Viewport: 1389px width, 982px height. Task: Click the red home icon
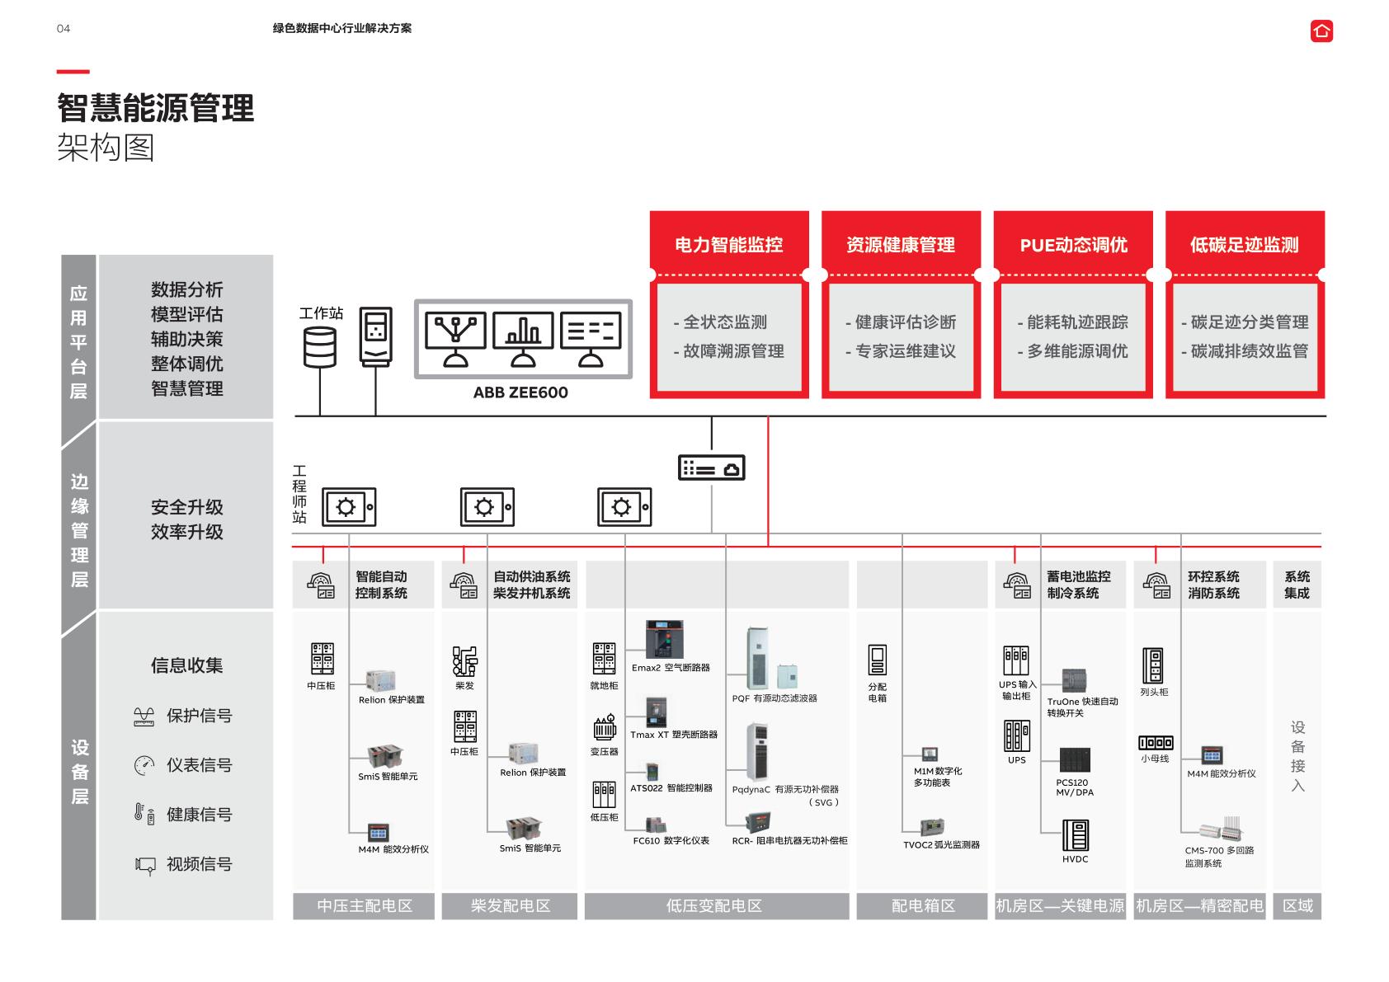click(x=1321, y=31)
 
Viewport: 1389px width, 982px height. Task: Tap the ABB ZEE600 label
click(x=520, y=392)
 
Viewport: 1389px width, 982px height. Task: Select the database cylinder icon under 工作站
click(x=320, y=346)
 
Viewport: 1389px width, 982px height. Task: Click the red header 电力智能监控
click(x=728, y=245)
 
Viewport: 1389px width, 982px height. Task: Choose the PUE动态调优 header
click(x=1073, y=245)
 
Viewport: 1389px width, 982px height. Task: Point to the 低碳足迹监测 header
click(x=1244, y=245)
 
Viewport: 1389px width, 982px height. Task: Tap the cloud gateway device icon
click(x=711, y=468)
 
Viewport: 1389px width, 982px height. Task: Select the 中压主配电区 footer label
click(x=364, y=905)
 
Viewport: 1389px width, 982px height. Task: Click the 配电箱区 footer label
click(x=922, y=905)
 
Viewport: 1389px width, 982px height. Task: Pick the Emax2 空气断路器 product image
click(x=664, y=639)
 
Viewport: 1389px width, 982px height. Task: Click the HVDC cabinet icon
click(x=1075, y=834)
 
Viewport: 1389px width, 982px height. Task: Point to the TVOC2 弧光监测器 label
click(x=941, y=844)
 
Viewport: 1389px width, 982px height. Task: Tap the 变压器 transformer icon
click(x=605, y=728)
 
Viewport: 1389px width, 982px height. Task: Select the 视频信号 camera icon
click(x=145, y=864)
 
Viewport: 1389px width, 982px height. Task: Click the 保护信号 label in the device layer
click(x=199, y=716)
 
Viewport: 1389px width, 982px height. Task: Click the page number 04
click(x=64, y=29)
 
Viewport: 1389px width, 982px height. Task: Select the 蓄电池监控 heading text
click(x=1078, y=576)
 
